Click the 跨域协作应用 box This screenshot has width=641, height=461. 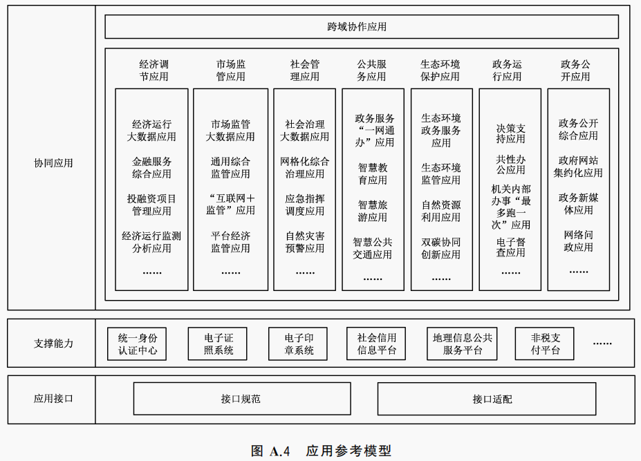click(361, 27)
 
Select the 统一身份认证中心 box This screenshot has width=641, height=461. click(138, 344)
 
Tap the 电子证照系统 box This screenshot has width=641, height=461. click(218, 344)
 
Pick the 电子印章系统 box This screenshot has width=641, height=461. click(298, 344)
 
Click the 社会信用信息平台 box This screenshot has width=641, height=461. click(377, 344)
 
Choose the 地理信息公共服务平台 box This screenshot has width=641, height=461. click(463, 344)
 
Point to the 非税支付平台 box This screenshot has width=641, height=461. click(545, 344)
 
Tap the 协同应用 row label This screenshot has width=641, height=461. click(53, 163)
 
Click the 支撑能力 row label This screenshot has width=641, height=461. click(53, 343)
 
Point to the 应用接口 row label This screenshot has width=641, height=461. click(53, 399)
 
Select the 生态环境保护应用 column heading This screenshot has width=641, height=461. click(440, 70)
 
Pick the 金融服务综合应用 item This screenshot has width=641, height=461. click(151, 168)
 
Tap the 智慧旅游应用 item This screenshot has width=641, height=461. click(372, 211)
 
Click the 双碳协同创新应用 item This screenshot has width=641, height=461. click(440, 248)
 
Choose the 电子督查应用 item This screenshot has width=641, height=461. click(510, 247)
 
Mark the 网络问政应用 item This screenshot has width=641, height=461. click(578, 241)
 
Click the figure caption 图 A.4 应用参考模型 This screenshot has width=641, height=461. click(321, 451)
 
